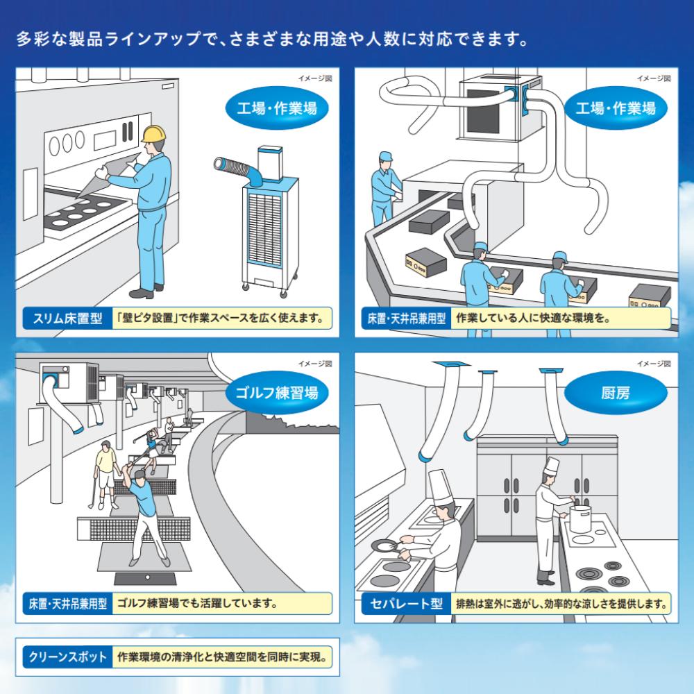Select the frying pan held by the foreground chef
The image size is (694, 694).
point(383,547)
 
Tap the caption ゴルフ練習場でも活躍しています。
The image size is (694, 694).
point(198,602)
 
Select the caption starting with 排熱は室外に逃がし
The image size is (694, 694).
point(560,602)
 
